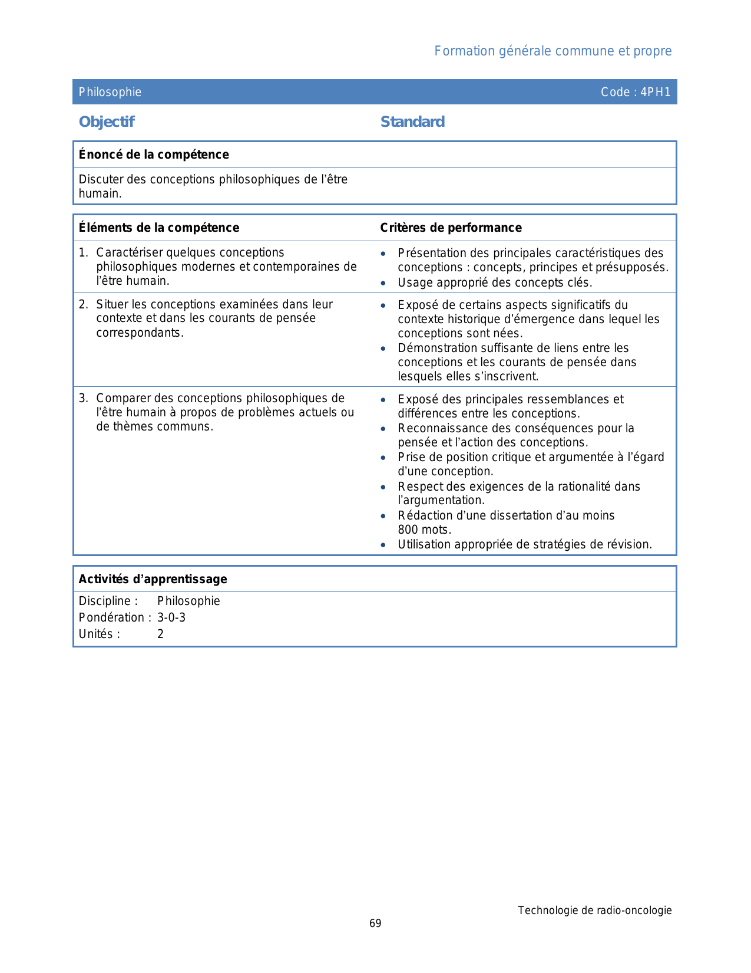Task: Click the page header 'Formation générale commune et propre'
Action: pyautogui.click(x=553, y=51)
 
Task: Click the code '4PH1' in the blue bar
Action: pyautogui.click(x=656, y=92)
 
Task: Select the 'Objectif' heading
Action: pyautogui.click(x=107, y=122)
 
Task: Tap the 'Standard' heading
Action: pyautogui.click(x=412, y=122)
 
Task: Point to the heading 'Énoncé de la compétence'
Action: pyautogui.click(x=154, y=155)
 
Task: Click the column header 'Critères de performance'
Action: pyautogui.click(x=451, y=228)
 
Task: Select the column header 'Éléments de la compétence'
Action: pyautogui.click(x=159, y=228)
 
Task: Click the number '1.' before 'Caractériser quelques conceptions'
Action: pyautogui.click(x=84, y=253)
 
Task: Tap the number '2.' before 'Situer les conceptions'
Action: pyautogui.click(x=84, y=304)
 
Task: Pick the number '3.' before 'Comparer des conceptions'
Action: pyautogui.click(x=84, y=399)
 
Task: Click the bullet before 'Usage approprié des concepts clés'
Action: pyautogui.click(x=383, y=283)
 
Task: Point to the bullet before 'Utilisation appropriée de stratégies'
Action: pyautogui.click(x=383, y=545)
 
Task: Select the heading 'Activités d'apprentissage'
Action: pyautogui.click(x=153, y=579)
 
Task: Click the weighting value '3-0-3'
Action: pyautogui.click(x=171, y=617)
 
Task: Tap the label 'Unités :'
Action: pyautogui.click(x=100, y=634)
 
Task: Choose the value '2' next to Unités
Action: pyautogui.click(x=160, y=634)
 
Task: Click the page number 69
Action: pyautogui.click(x=375, y=923)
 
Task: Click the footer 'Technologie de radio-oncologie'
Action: pyautogui.click(x=594, y=910)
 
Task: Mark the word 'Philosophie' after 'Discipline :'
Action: pyautogui.click(x=188, y=601)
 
